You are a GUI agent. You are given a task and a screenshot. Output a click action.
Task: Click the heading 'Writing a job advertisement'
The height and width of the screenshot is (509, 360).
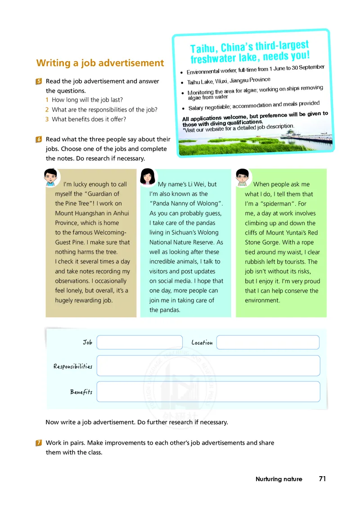pyautogui.click(x=100, y=63)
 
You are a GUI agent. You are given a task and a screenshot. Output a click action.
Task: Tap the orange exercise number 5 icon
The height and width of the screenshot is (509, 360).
pyautogui.click(x=39, y=81)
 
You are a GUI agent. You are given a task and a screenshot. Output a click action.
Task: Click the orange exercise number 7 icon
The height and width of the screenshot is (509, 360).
pyautogui.click(x=39, y=443)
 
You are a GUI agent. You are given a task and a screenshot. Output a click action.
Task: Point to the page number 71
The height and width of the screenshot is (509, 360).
pyautogui.click(x=322, y=479)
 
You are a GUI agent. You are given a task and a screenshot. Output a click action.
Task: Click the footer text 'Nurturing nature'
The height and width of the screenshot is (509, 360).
pyautogui.click(x=279, y=479)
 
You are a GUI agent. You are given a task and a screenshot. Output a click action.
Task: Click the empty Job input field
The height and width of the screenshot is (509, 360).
pyautogui.click(x=139, y=342)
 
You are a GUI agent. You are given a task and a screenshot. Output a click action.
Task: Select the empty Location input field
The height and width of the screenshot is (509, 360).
pyautogui.click(x=268, y=342)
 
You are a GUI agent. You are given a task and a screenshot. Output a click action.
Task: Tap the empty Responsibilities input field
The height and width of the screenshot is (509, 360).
pyautogui.click(x=208, y=366)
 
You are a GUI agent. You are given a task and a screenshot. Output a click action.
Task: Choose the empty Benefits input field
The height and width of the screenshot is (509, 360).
pyautogui.click(x=208, y=392)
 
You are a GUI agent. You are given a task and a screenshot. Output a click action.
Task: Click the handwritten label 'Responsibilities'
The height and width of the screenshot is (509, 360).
pyautogui.click(x=73, y=366)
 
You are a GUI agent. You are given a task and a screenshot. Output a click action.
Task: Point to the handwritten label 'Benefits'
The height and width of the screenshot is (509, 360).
pyautogui.click(x=81, y=392)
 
